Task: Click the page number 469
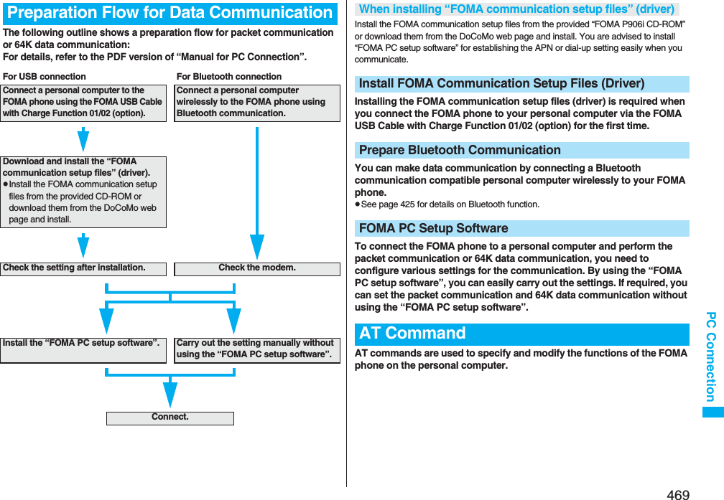click(x=677, y=494)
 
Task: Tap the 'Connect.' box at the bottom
click(x=170, y=418)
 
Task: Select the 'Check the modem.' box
click(x=257, y=268)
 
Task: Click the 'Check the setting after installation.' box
click(x=83, y=268)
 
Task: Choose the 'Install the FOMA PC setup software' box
click(x=83, y=349)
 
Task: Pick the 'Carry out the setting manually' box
click(x=257, y=349)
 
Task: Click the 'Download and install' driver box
click(x=83, y=192)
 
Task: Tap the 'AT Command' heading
click(x=412, y=334)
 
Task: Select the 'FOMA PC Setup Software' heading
click(x=433, y=228)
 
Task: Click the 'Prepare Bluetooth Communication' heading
click(x=460, y=150)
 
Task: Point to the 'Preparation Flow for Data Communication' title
click(x=170, y=13)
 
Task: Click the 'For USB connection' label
click(x=45, y=76)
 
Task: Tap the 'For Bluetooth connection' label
click(x=229, y=76)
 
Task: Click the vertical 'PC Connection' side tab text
click(x=710, y=357)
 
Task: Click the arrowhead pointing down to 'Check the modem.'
click(x=257, y=247)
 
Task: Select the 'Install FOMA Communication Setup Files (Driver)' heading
click(x=501, y=84)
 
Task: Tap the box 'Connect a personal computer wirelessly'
click(x=257, y=103)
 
